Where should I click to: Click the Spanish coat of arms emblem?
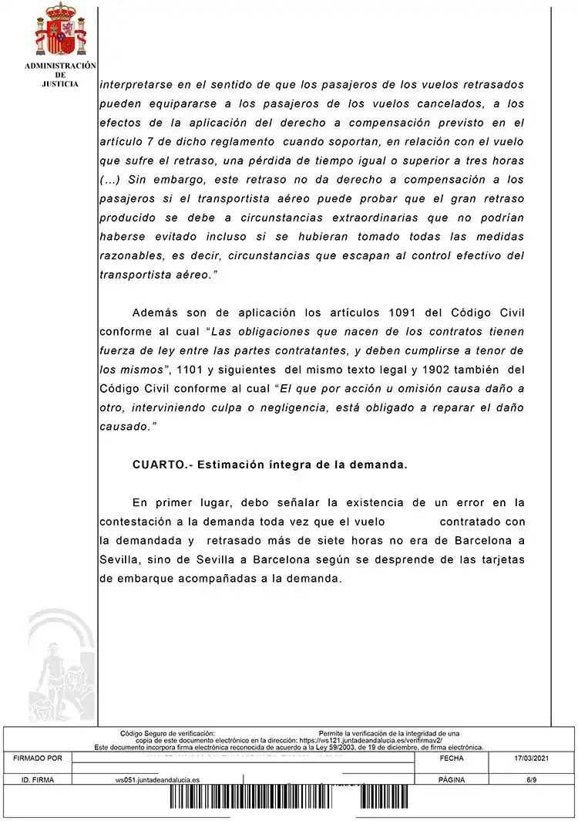click(x=59, y=29)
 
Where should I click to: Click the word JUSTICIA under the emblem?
click(x=59, y=84)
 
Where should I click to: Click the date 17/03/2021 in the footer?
click(x=533, y=759)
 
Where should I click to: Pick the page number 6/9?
click(x=532, y=780)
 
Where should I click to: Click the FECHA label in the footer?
click(x=451, y=759)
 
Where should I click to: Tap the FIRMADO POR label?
click(x=38, y=759)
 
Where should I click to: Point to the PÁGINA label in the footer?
click(x=451, y=780)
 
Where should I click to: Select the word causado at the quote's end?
click(x=125, y=425)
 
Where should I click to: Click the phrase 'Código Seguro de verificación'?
click(x=167, y=733)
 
